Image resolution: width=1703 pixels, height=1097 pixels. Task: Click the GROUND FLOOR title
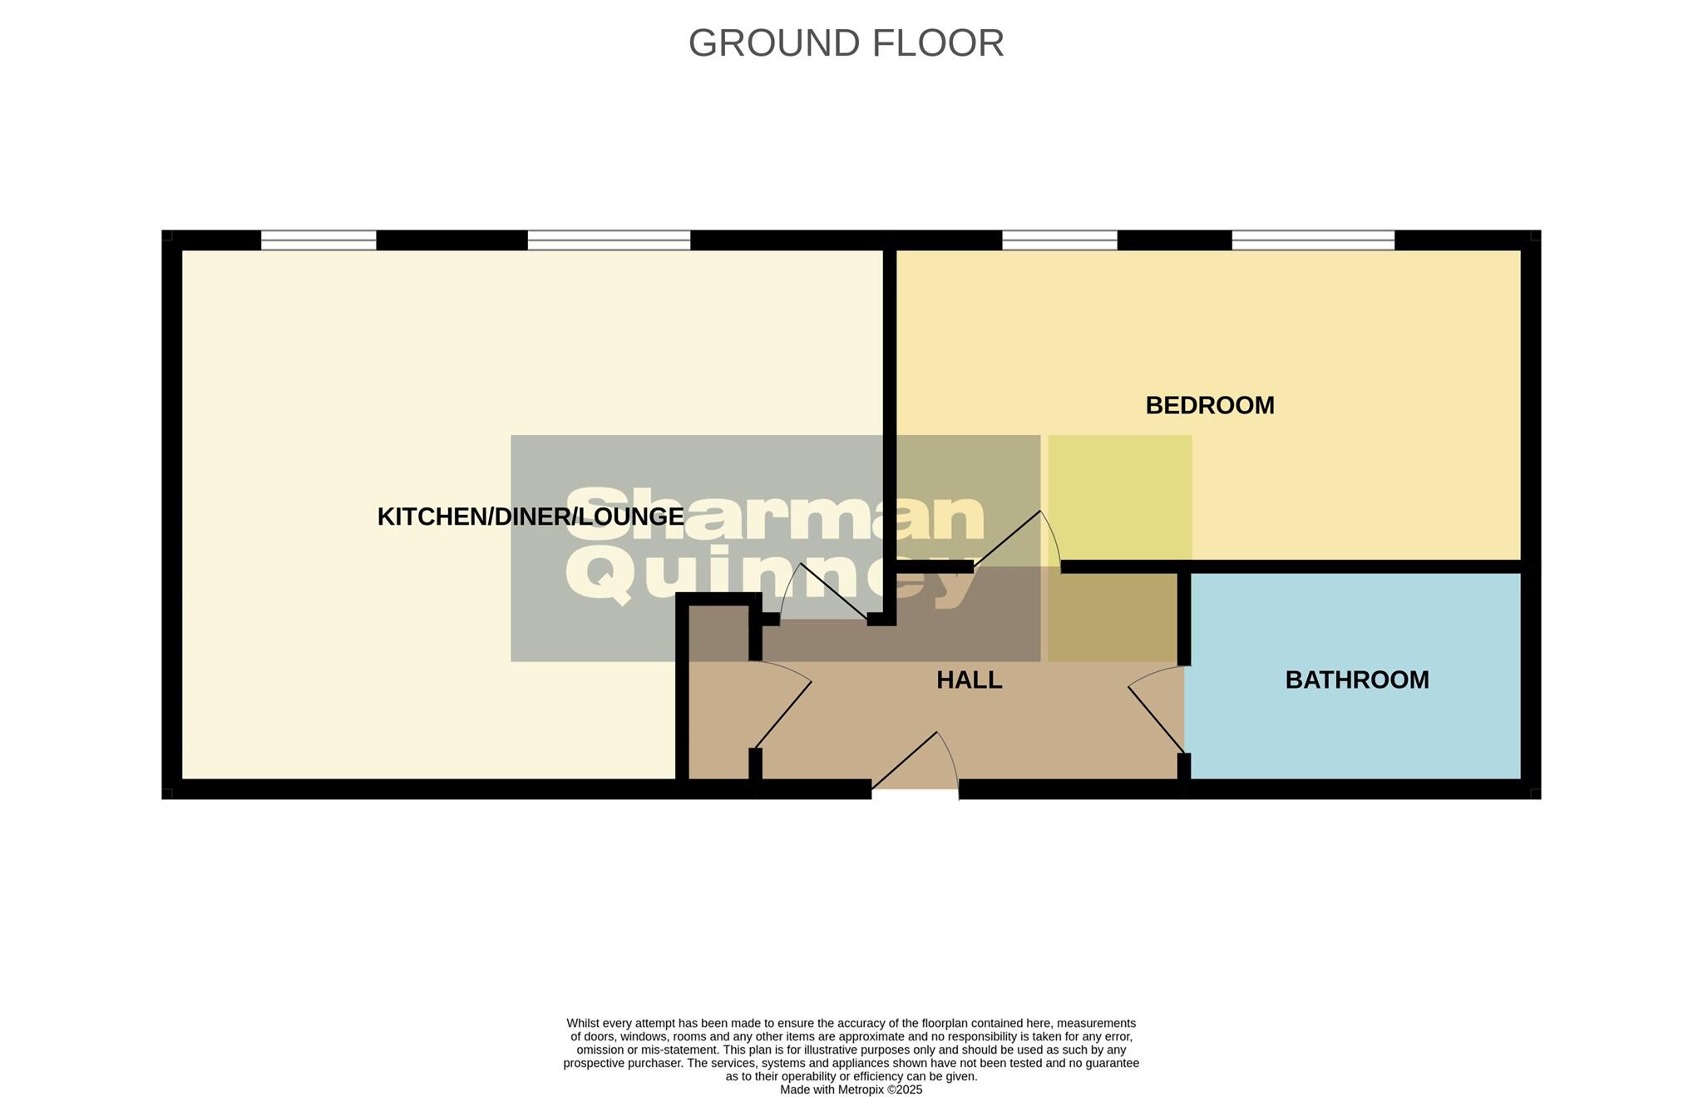(846, 43)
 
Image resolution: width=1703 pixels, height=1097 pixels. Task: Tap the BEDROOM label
(1209, 405)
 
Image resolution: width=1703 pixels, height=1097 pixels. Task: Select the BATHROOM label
(1356, 679)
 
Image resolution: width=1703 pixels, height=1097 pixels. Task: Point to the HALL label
(969, 679)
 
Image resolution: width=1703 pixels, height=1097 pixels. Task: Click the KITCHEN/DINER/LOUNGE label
(530, 516)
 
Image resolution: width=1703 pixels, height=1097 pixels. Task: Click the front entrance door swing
(915, 761)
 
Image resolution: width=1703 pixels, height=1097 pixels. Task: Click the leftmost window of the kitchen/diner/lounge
(318, 240)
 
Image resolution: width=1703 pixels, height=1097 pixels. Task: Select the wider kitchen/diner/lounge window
(609, 240)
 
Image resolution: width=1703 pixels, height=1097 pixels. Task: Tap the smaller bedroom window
(1059, 240)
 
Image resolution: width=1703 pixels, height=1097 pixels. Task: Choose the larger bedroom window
(1312, 240)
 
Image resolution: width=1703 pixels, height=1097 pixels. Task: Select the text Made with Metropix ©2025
(851, 1090)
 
